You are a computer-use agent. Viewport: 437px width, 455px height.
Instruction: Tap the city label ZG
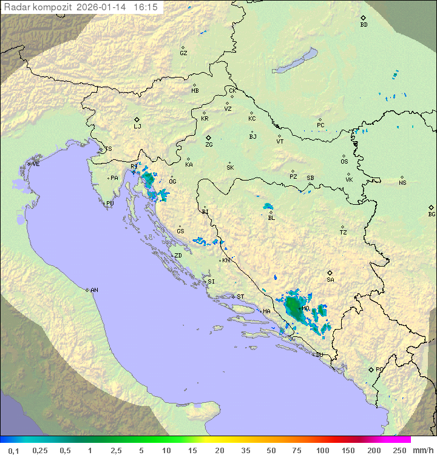click(x=209, y=145)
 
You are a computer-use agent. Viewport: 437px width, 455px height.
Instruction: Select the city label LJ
click(x=137, y=127)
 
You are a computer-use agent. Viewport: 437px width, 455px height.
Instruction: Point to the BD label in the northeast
click(x=364, y=25)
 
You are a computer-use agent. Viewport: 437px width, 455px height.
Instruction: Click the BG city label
click(x=432, y=214)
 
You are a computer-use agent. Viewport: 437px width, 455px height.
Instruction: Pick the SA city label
click(x=330, y=280)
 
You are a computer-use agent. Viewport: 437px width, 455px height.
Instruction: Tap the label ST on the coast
click(x=240, y=297)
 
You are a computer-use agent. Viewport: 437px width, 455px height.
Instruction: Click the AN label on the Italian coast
click(x=94, y=290)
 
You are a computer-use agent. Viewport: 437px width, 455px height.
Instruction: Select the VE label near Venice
click(x=36, y=164)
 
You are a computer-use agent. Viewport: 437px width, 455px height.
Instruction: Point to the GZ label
click(x=183, y=53)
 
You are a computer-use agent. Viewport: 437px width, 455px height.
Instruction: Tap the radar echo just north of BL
click(x=268, y=207)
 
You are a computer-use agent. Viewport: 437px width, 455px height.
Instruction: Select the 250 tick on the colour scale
click(x=399, y=450)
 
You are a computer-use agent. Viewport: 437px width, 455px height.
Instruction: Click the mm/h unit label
click(x=422, y=450)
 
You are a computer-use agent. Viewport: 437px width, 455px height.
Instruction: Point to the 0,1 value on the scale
click(x=13, y=450)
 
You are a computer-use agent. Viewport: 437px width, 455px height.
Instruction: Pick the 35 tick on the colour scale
click(x=245, y=450)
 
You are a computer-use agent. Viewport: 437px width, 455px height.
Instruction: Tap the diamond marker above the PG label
click(x=371, y=369)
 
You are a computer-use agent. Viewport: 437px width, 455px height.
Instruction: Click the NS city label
click(x=402, y=183)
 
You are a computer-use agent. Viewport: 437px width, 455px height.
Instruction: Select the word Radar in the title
click(x=16, y=7)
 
